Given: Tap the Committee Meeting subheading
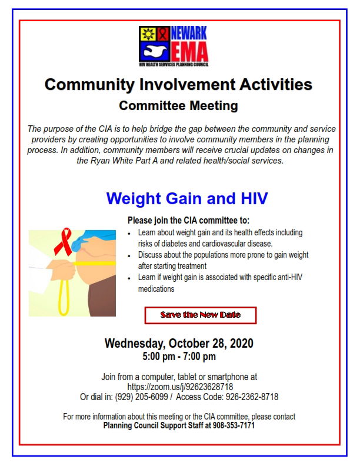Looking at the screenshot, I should tap(178, 106).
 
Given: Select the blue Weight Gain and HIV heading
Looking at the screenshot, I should tap(187, 198).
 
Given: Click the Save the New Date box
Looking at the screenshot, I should tap(201, 315).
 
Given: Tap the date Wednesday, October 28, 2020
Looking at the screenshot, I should tap(179, 344).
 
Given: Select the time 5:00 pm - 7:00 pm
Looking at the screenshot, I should tap(179, 357).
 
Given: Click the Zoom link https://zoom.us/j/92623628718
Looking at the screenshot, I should tap(180, 387).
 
